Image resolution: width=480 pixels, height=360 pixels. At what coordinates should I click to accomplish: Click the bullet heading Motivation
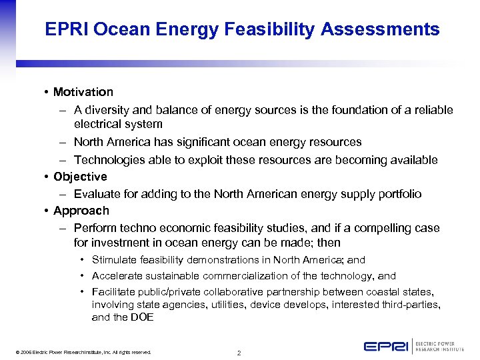pyautogui.click(x=83, y=92)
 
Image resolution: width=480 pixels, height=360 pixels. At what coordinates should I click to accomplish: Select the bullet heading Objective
pyautogui.click(x=80, y=177)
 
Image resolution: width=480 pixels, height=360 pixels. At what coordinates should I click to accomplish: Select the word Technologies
pyautogui.click(x=107, y=160)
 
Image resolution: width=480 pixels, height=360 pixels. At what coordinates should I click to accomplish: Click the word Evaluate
pyautogui.click(x=97, y=194)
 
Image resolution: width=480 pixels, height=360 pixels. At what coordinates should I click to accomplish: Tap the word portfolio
pyautogui.click(x=397, y=194)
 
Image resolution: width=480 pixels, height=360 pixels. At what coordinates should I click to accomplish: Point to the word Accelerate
pyautogui.click(x=116, y=276)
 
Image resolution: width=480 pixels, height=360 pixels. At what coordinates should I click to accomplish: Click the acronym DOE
pyautogui.click(x=143, y=317)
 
